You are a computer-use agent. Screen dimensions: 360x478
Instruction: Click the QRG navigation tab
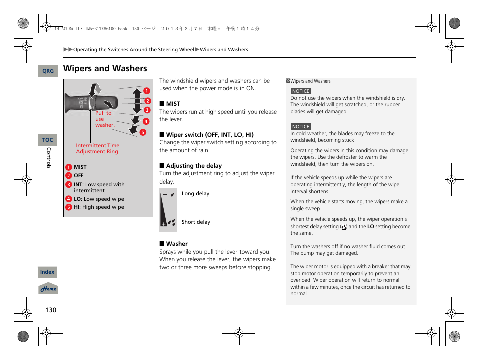48,71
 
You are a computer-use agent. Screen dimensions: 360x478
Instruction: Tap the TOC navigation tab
47,140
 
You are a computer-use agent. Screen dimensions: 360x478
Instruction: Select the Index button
47,272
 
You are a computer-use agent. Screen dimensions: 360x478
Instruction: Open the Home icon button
48,289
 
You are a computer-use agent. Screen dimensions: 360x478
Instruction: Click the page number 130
51,310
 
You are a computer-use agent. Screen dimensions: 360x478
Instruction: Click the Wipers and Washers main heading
105,68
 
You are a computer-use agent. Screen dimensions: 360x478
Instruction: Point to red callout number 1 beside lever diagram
147,91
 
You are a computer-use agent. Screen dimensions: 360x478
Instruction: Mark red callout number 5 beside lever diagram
142,132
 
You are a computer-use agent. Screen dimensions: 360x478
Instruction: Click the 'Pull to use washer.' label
104,119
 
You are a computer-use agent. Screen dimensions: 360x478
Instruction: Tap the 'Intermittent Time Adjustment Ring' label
97,148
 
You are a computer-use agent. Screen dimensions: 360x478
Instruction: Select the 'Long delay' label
195,194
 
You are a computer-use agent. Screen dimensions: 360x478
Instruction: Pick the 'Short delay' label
196,222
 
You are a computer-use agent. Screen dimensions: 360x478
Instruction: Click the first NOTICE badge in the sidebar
301,91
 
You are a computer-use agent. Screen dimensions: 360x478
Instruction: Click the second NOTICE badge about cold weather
301,127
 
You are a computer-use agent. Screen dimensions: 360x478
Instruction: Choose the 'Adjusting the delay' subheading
193,166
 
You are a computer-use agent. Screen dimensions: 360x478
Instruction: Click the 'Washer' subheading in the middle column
177,244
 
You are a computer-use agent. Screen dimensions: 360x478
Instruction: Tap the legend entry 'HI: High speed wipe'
98,207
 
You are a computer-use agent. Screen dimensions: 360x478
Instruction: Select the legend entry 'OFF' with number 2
78,176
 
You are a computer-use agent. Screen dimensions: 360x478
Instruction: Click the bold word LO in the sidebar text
371,227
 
